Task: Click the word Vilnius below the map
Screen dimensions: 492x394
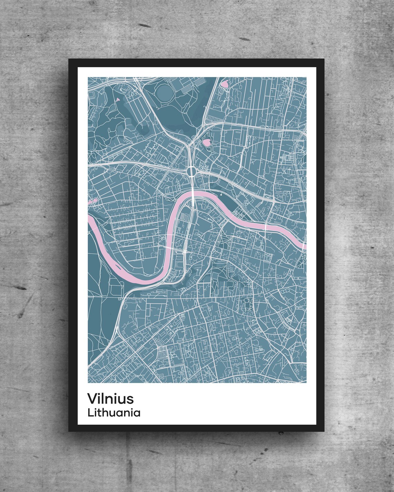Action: coord(110,398)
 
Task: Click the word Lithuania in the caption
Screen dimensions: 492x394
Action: coord(114,413)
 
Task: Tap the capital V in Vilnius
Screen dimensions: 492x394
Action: coord(92,398)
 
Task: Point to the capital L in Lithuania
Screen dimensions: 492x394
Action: coord(90,413)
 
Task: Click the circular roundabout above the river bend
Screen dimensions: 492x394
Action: coord(191,171)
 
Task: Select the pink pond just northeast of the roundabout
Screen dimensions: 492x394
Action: coord(207,142)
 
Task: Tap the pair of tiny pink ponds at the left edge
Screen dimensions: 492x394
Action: coord(92,201)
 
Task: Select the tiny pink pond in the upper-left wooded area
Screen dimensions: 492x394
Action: coord(118,99)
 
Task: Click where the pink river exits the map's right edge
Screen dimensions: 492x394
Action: coord(304,245)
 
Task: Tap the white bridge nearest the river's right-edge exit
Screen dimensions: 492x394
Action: coord(265,227)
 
